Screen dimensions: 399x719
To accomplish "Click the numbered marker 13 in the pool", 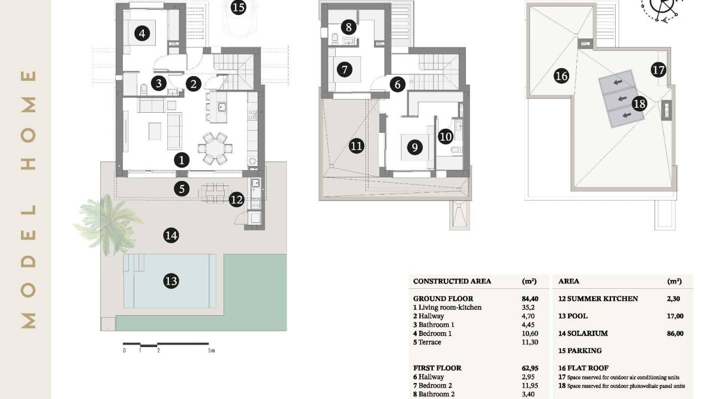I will tap(171, 281).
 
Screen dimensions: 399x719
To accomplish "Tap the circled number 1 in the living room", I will tap(182, 160).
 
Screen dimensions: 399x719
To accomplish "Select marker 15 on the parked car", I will tap(239, 7).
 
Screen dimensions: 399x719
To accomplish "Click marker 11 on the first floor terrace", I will tap(356, 146).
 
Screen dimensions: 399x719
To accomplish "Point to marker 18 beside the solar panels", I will tap(639, 104).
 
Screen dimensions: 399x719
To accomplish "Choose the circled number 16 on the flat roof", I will tap(562, 76).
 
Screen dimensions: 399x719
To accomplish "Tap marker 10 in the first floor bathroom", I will tap(445, 136).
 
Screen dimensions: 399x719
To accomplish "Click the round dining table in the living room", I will tap(215, 147).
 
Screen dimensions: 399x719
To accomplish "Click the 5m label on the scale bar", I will tap(211, 351).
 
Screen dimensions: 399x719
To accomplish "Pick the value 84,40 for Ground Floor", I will tap(529, 299).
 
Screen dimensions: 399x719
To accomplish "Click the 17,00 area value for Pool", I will tap(675, 316).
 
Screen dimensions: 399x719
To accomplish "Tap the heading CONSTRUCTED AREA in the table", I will tap(452, 281).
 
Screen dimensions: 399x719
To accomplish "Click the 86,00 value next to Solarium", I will tap(675, 334).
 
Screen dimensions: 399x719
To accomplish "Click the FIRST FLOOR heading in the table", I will tap(437, 368).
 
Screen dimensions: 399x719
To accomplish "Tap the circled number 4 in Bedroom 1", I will tap(142, 34).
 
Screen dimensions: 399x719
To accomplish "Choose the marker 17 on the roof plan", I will tap(659, 69).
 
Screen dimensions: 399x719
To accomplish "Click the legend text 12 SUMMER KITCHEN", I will tap(598, 299).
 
